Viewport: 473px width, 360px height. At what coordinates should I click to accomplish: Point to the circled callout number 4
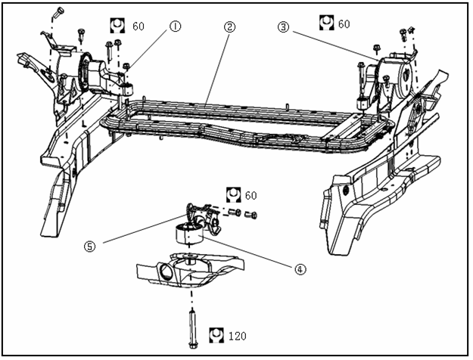300,268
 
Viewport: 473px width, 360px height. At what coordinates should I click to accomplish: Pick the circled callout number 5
90,245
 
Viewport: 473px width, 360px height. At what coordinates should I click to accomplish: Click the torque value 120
238,334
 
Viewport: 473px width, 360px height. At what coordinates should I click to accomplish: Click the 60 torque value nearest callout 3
344,24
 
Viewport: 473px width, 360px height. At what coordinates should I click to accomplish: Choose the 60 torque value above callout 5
251,196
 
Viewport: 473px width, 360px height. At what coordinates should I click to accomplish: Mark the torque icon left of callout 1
119,24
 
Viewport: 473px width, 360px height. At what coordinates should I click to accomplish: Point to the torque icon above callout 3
325,23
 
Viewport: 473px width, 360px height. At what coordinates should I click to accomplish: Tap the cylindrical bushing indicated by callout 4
188,234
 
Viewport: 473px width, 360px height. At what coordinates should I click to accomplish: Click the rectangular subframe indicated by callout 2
242,125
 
